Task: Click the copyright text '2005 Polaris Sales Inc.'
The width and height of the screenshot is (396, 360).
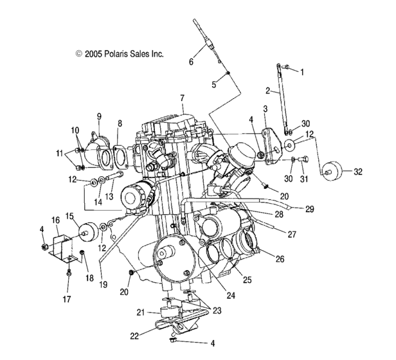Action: [x=120, y=55]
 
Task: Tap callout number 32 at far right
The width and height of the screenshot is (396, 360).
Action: [x=357, y=172]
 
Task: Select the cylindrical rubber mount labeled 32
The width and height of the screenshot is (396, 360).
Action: [x=330, y=171]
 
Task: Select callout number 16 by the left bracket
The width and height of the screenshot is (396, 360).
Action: [x=55, y=219]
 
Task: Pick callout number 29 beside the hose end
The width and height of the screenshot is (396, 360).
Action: [x=310, y=210]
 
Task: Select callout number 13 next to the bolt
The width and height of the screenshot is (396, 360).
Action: [x=109, y=195]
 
